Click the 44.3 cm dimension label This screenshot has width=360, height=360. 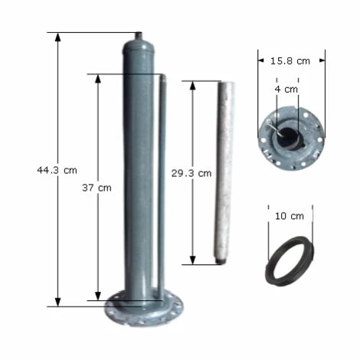click(x=57, y=170)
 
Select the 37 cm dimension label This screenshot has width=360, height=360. click(x=97, y=188)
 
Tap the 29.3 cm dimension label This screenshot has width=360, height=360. click(x=191, y=174)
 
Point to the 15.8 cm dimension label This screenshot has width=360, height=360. click(x=290, y=61)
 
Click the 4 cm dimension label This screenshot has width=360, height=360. click(x=286, y=90)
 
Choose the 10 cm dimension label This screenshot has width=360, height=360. click(x=290, y=216)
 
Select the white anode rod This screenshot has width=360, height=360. click(x=224, y=172)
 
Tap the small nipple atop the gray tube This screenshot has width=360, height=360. click(x=139, y=35)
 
